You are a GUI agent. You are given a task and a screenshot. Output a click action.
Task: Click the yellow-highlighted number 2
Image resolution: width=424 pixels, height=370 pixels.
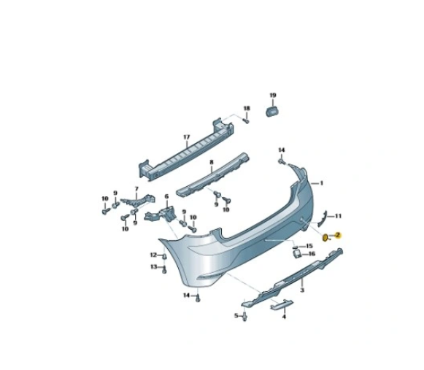click(338, 235)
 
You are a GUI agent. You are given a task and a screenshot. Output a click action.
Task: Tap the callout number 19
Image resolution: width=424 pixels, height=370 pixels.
click(273, 95)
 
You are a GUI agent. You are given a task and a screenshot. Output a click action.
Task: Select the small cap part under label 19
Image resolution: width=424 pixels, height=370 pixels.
click(272, 112)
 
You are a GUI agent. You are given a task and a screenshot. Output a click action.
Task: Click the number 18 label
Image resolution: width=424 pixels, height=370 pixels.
click(247, 109)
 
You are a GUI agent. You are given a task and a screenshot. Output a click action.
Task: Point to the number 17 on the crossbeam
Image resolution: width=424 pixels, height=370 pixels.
click(187, 137)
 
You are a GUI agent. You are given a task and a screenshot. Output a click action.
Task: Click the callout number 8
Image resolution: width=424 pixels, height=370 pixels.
click(212, 162)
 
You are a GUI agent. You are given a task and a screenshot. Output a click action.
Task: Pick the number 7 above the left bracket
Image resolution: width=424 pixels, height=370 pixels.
click(136, 189)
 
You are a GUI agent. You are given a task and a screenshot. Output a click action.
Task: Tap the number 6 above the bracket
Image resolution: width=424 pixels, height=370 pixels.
click(166, 196)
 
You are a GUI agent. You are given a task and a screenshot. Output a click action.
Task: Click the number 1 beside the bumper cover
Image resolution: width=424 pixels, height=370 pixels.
click(322, 183)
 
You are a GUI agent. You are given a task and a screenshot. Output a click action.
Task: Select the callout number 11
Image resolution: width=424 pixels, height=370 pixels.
click(338, 216)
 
